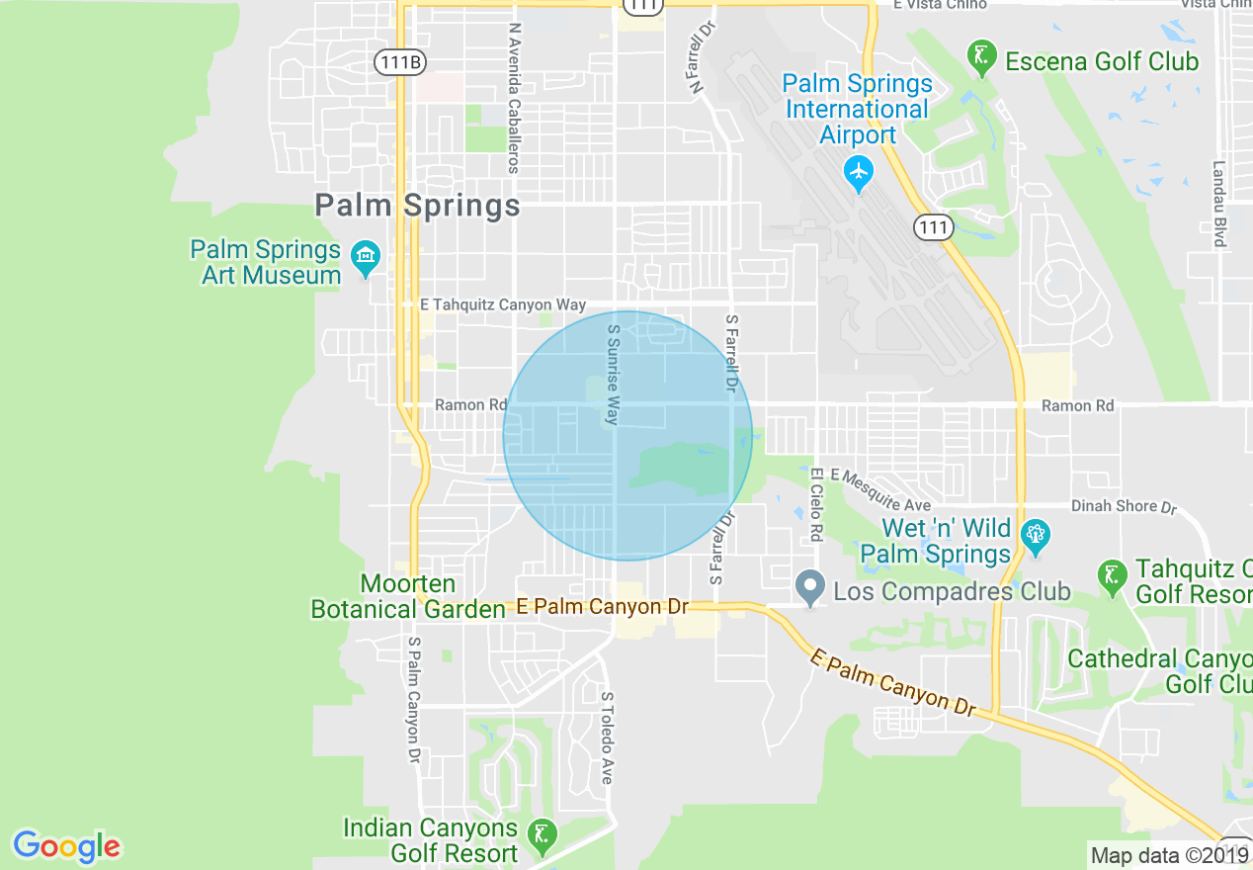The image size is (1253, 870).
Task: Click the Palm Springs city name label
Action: (417, 206)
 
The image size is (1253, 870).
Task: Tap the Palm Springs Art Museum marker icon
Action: (367, 259)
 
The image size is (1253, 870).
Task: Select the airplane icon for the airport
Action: (858, 174)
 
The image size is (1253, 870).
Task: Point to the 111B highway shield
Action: (400, 62)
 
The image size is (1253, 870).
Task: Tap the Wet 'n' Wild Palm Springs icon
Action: (1035, 537)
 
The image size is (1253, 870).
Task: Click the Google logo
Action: (66, 845)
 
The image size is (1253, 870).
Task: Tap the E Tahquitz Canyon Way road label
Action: (503, 305)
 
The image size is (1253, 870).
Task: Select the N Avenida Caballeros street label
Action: (513, 99)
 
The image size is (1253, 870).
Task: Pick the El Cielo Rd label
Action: (816, 504)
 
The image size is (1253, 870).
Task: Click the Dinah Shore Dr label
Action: (1124, 506)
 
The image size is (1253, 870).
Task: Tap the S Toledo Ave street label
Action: (607, 738)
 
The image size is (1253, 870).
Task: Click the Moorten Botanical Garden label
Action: (408, 597)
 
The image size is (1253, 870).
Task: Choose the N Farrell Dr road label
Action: (703, 61)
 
